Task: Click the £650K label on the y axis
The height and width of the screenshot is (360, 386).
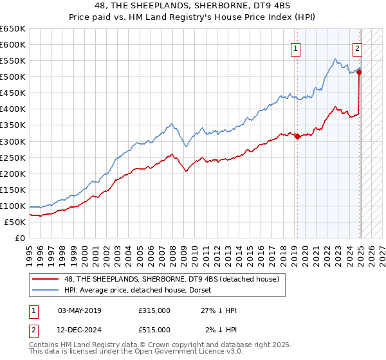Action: pyautogui.click(x=13, y=29)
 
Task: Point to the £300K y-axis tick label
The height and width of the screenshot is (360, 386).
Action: pyautogui.click(x=13, y=141)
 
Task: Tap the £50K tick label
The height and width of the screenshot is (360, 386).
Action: pyautogui.click(x=15, y=222)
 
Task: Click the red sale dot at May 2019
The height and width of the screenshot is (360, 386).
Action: pyautogui.click(x=297, y=136)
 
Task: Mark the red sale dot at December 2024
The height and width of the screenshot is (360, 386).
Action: pyautogui.click(x=359, y=72)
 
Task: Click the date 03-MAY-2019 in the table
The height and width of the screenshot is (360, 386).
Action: pyautogui.click(x=80, y=310)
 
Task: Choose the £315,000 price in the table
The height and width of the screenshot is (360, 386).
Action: pyautogui.click(x=154, y=310)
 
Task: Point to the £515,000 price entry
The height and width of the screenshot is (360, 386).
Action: pyautogui.click(x=154, y=330)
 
